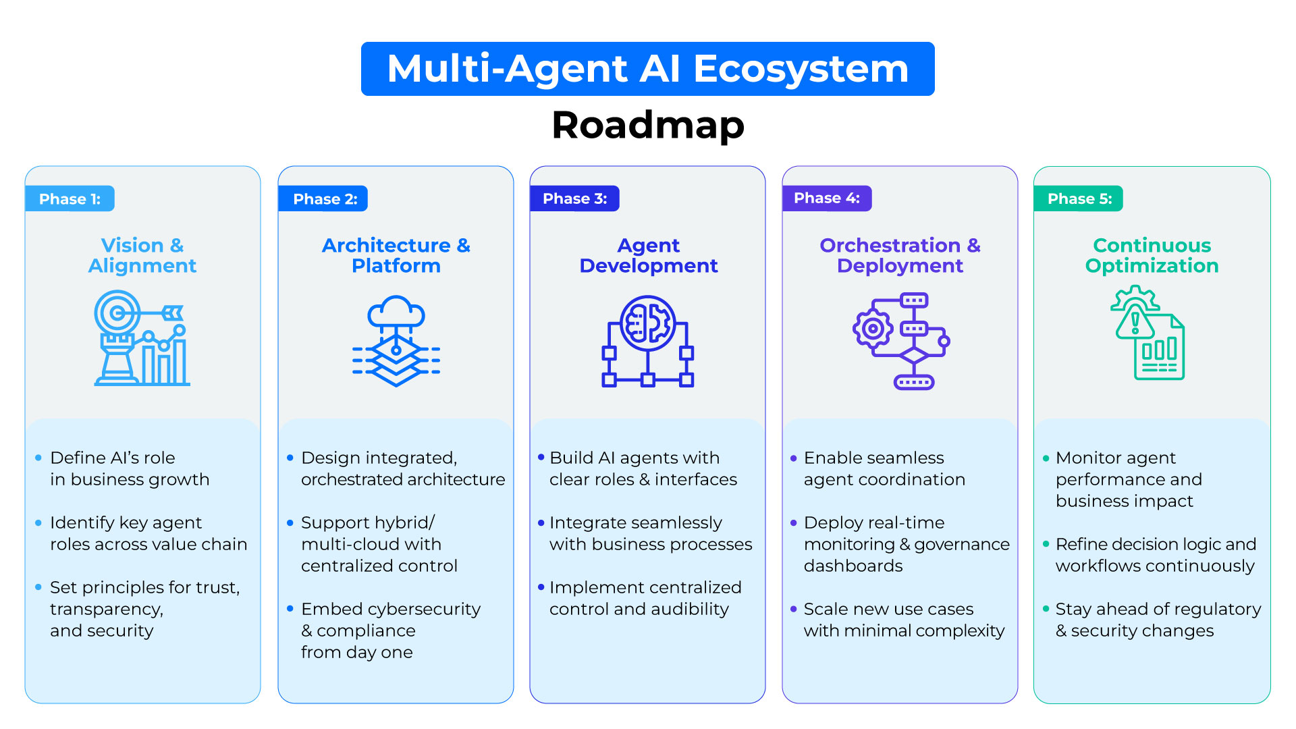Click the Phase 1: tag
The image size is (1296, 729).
tap(70, 199)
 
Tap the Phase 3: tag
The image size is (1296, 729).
tap(574, 199)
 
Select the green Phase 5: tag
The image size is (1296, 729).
tap(1079, 199)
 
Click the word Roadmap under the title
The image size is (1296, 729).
tap(647, 126)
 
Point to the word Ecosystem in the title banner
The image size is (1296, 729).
tap(801, 69)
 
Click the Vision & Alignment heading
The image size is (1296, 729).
tap(142, 255)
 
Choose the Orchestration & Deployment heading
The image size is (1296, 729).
tap(900, 255)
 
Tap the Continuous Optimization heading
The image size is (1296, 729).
tap(1152, 255)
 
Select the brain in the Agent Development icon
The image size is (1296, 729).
tap(647, 323)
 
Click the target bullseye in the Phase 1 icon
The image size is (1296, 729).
tap(117, 313)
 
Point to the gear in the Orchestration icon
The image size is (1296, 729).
tap(873, 329)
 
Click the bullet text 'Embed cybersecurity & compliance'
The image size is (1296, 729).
tap(390, 620)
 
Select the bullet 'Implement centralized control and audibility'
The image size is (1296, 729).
tap(645, 598)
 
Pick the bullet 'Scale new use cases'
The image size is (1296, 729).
tap(888, 610)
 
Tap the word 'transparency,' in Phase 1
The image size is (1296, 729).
tap(107, 610)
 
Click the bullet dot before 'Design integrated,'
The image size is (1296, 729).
tap(290, 458)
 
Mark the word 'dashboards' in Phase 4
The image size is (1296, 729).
tap(853, 566)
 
